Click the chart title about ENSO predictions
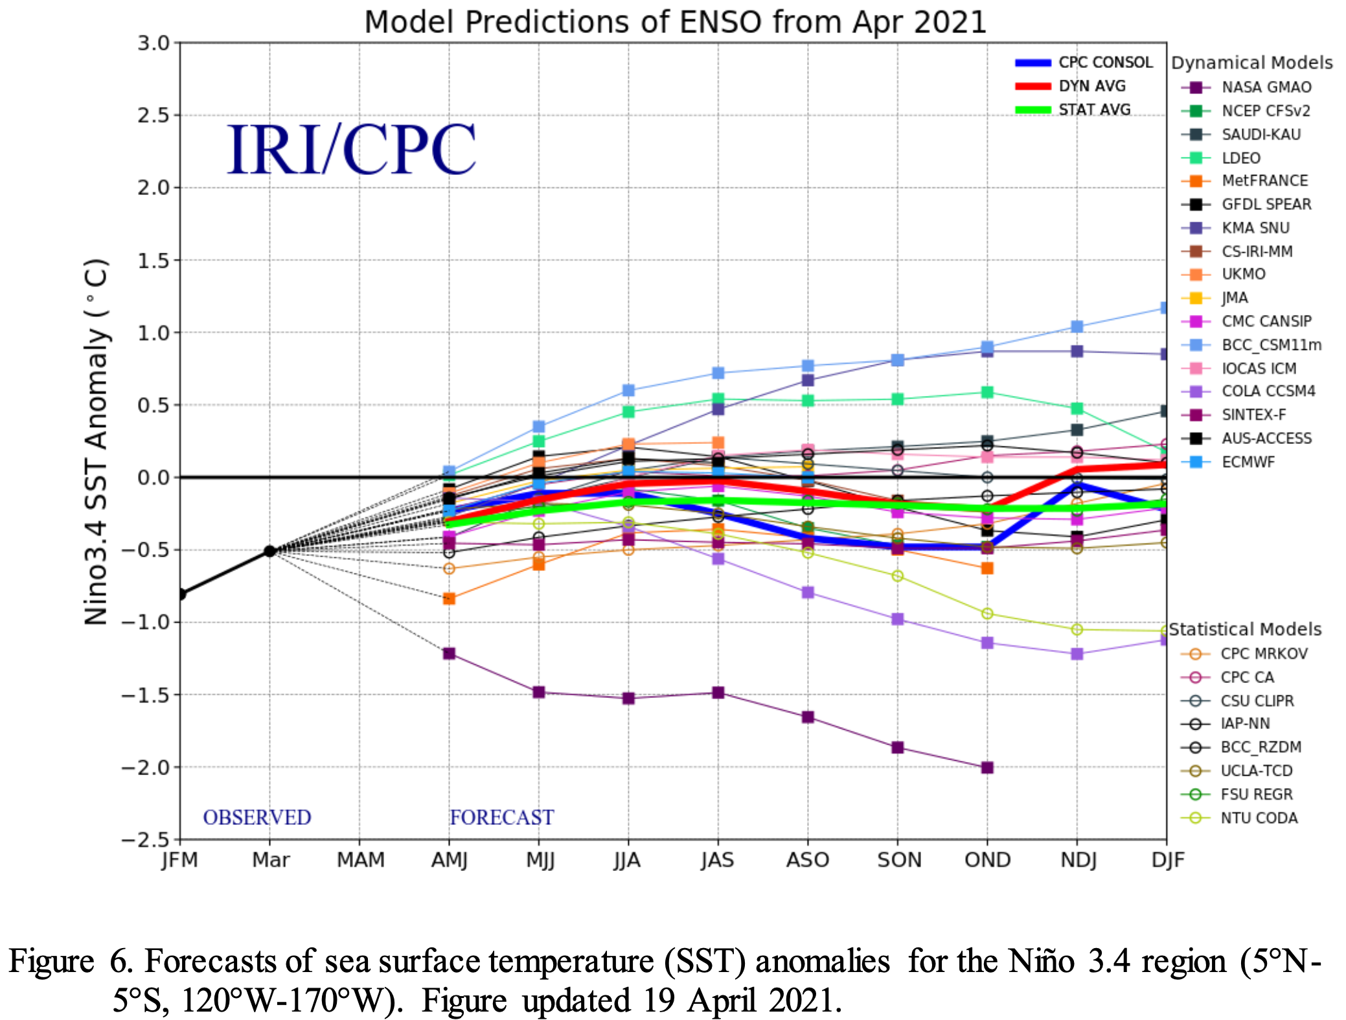tap(675, 22)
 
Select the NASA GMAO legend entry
tap(1266, 87)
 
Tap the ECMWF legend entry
tap(1248, 462)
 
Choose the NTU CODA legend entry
tap(1259, 818)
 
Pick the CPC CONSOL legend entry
tap(1105, 63)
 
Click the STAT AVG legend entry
tap(1094, 110)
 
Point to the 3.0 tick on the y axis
tap(153, 43)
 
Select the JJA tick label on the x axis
tap(627, 860)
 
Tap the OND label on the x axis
tap(987, 860)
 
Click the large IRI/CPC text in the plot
tap(352, 150)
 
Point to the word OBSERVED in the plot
tap(257, 817)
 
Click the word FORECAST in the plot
tap(502, 817)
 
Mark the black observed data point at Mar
tap(270, 551)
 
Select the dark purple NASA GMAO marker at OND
tap(987, 767)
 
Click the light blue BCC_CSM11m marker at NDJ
tap(1077, 327)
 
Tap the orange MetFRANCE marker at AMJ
tap(449, 598)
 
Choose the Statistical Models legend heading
tap(1244, 629)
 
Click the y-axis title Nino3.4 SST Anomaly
tap(96, 441)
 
